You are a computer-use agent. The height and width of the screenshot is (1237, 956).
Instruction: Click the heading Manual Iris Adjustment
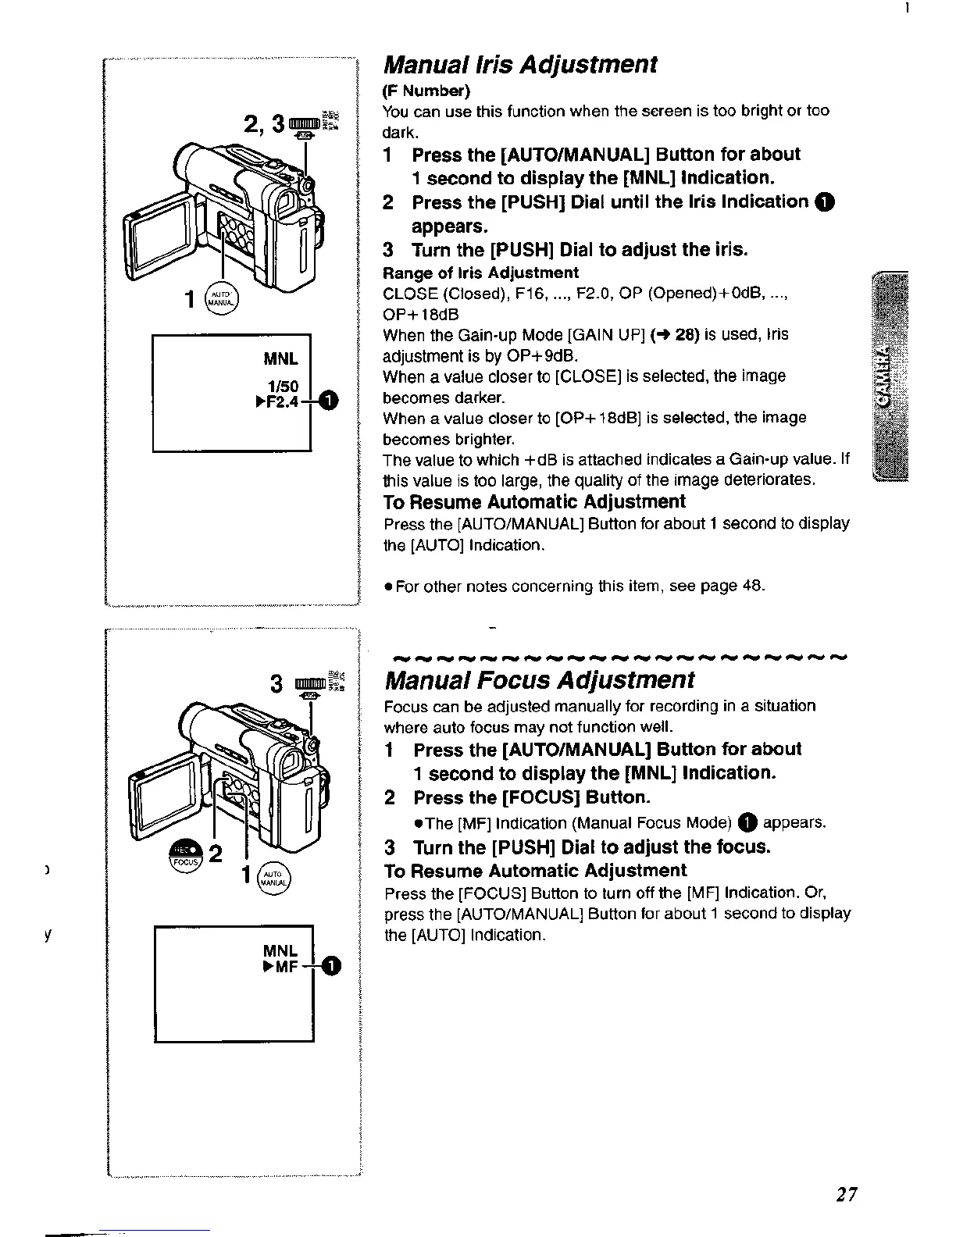[520, 64]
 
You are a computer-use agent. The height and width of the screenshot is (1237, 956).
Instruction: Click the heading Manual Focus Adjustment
[539, 679]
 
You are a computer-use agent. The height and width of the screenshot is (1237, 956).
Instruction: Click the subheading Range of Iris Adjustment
[480, 273]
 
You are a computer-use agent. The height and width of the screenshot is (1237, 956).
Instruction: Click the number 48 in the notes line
[754, 585]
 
